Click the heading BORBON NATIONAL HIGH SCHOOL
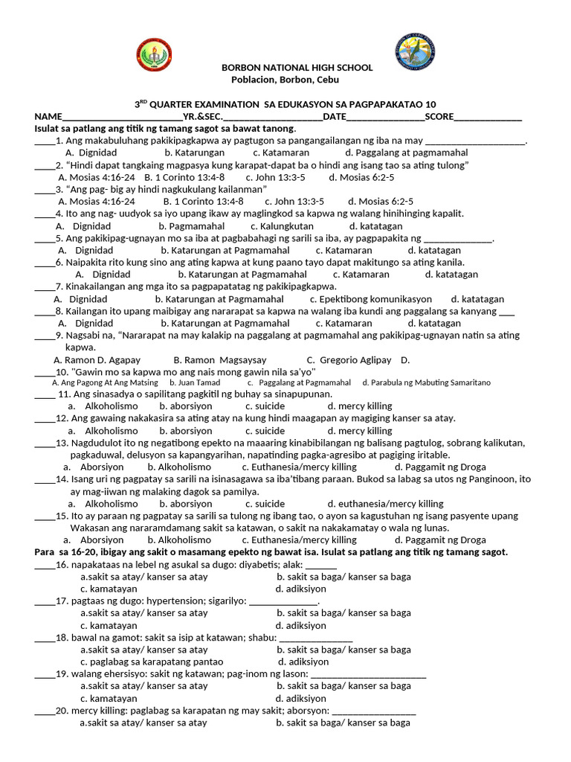pyautogui.click(x=297, y=68)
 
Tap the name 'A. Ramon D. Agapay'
pyautogui.click(x=98, y=359)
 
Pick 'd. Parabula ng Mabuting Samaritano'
pyautogui.click(x=426, y=382)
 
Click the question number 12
pyautogui.click(x=62, y=418)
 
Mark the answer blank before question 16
pyautogui.click(x=43, y=565)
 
